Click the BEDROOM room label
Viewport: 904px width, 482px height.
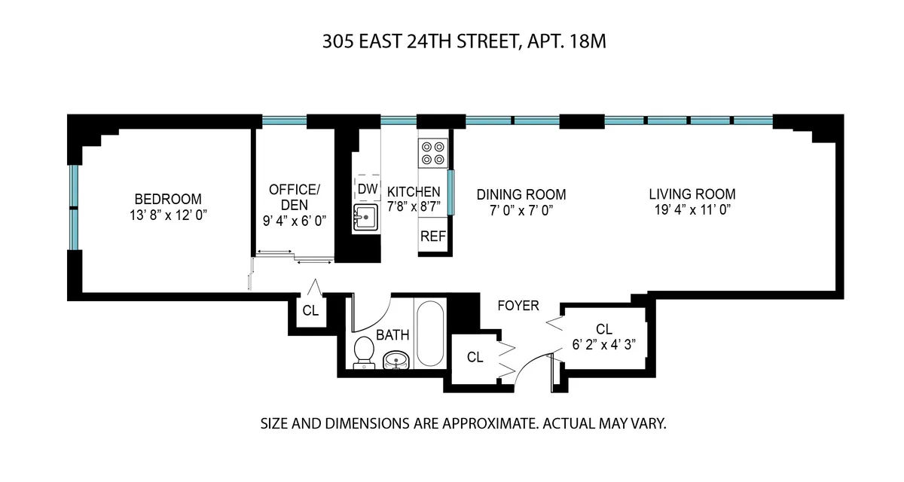(168, 199)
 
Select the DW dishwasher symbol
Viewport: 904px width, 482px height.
(367, 188)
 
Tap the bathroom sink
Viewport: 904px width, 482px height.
(396, 361)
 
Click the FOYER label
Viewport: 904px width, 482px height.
(518, 306)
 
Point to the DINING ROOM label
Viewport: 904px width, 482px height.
(521, 194)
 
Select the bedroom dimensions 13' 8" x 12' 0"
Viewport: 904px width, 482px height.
(168, 215)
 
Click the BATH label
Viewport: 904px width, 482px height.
(392, 335)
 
